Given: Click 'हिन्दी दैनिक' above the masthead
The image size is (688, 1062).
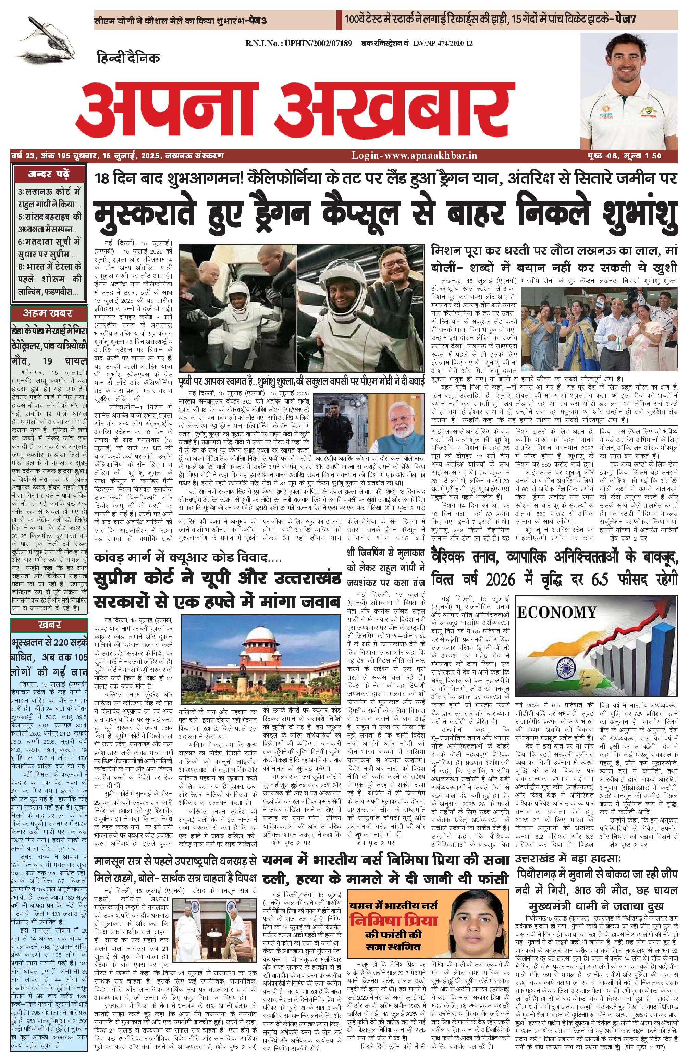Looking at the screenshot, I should coord(128,58).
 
